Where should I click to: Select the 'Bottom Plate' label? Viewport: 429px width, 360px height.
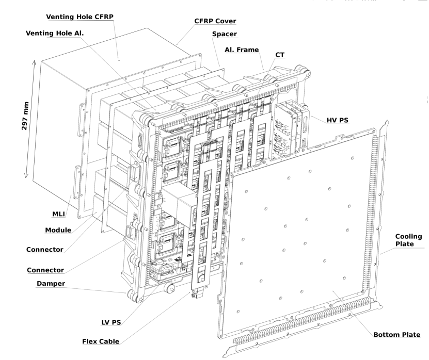click(x=397, y=335)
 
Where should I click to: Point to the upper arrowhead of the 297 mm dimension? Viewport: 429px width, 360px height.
click(x=35, y=60)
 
